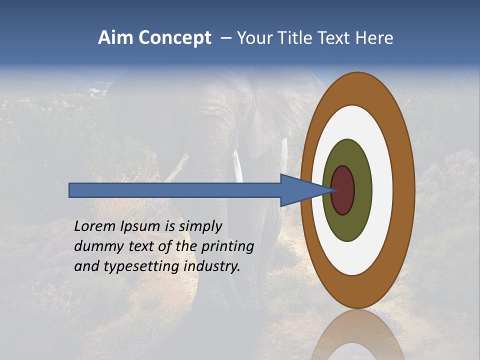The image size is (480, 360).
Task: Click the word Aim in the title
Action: click(x=116, y=38)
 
